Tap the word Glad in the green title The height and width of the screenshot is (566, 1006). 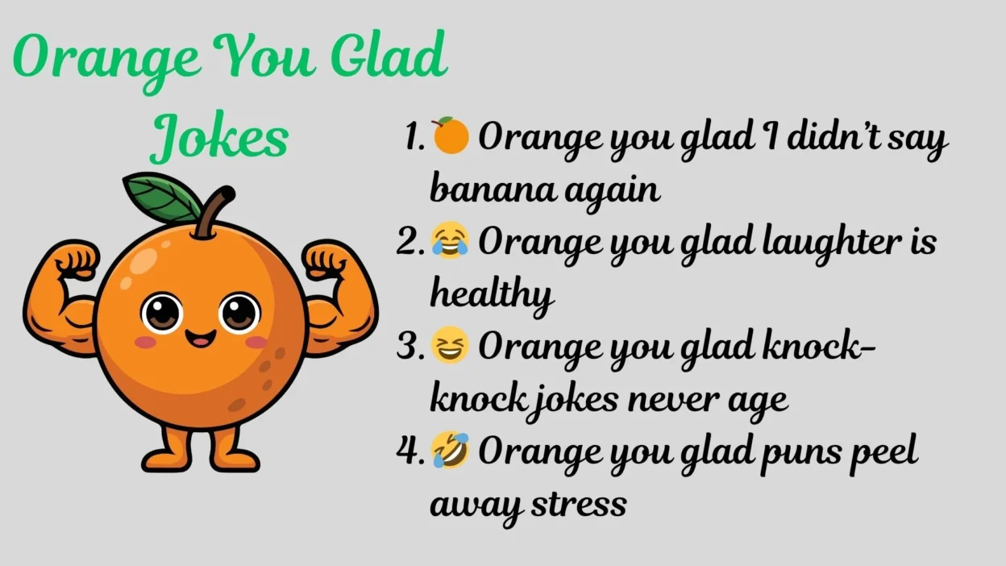pyautogui.click(x=389, y=55)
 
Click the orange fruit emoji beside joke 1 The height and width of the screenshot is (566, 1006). pyautogui.click(x=451, y=135)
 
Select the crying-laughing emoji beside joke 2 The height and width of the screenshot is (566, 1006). pyautogui.click(x=450, y=240)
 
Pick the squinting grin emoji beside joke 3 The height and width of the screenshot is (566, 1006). pyautogui.click(x=450, y=345)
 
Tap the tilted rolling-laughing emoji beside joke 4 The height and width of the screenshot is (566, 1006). pyautogui.click(x=450, y=450)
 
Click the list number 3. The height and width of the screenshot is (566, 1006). pyautogui.click(x=409, y=348)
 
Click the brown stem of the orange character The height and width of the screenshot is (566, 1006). pyautogui.click(x=214, y=212)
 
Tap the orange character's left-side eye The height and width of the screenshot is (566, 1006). pyautogui.click(x=162, y=313)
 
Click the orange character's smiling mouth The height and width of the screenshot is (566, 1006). pyautogui.click(x=201, y=339)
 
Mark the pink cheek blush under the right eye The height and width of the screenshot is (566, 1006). pyautogui.click(x=256, y=343)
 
